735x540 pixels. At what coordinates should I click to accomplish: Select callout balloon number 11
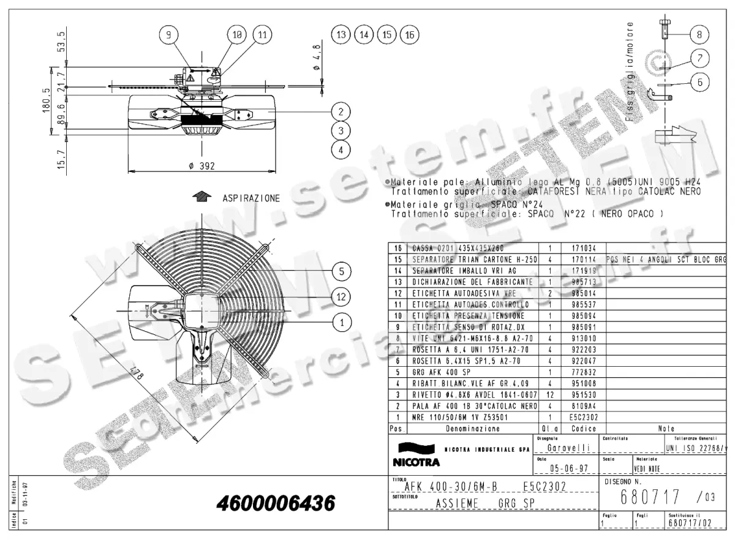(x=262, y=36)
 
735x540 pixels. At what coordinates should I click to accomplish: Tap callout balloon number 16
(x=409, y=35)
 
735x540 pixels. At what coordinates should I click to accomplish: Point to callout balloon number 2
(x=341, y=111)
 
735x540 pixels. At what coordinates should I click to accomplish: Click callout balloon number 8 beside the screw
(x=699, y=34)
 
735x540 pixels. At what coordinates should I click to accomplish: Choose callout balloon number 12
(x=342, y=296)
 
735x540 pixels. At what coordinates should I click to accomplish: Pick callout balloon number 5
(x=342, y=270)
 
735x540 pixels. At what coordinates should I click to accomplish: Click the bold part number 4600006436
(x=276, y=504)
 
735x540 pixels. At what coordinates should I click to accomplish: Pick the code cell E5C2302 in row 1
(x=579, y=417)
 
